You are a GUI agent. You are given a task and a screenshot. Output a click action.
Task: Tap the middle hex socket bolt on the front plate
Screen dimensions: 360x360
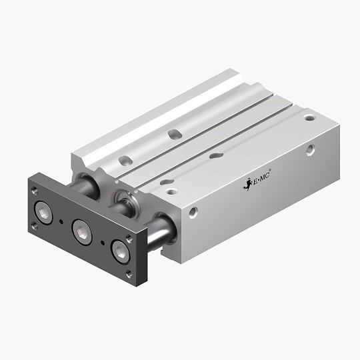tap(82, 229)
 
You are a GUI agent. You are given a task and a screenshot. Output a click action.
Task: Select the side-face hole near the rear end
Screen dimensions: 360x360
tap(311, 149)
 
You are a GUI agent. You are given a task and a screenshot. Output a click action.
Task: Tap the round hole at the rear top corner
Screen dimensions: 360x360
tap(309, 117)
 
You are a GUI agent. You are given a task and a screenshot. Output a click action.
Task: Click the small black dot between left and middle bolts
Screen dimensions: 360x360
tap(61, 221)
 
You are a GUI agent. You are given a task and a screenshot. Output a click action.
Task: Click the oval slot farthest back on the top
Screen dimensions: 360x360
tap(175, 134)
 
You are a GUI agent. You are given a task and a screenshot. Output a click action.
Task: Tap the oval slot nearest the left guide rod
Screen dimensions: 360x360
tap(123, 160)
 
